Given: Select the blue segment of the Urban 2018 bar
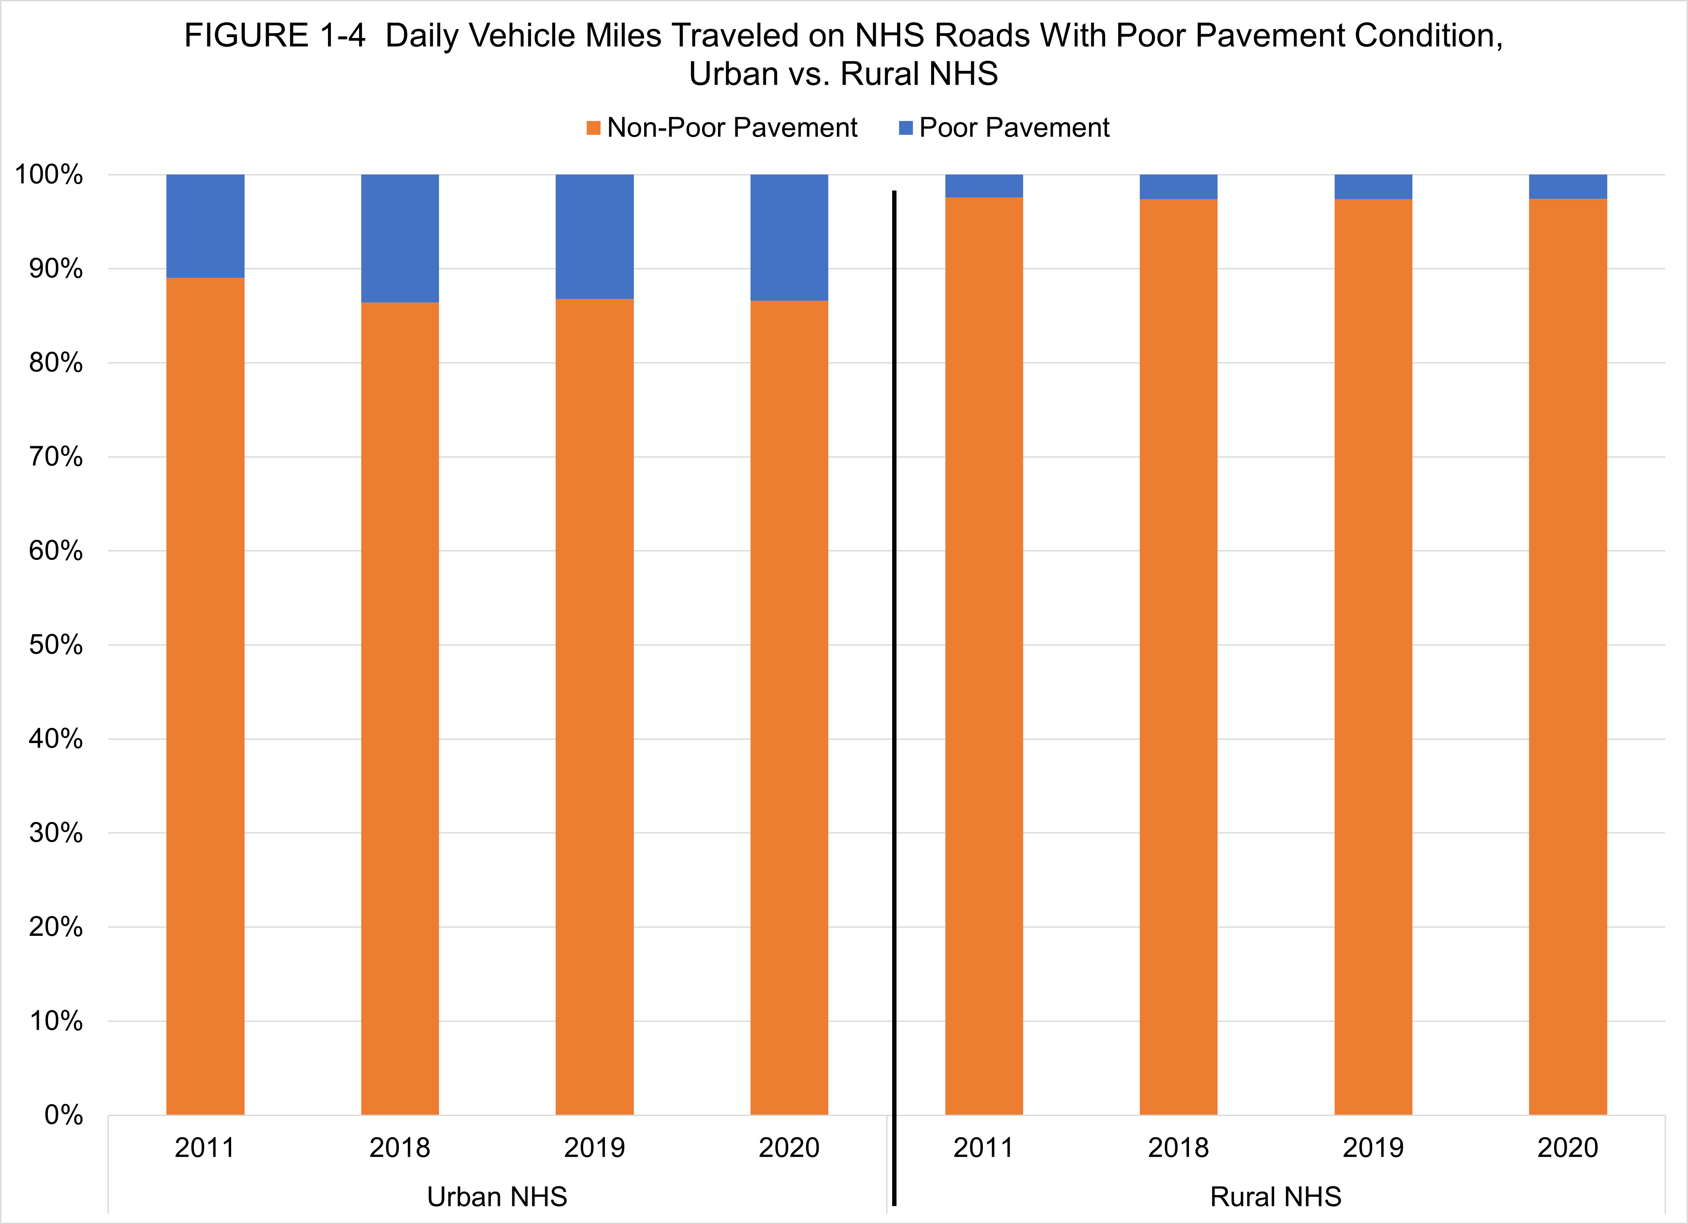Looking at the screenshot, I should [400, 238].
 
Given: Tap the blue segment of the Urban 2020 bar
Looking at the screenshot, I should [789, 237].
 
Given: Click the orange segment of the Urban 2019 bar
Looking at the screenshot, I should [594, 707].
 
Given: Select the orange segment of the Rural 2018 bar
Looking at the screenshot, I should [1178, 655].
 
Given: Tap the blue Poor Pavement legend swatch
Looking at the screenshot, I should [906, 128].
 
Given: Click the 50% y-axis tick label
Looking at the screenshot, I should [56, 645].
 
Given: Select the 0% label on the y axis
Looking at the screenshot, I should [63, 1115].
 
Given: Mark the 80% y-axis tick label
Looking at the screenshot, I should [56, 363].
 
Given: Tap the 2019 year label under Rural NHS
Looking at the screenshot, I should [1373, 1148].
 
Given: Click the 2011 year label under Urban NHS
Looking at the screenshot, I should [205, 1148].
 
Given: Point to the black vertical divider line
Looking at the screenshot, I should [894, 670].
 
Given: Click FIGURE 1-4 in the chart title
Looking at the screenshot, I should [275, 36].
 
